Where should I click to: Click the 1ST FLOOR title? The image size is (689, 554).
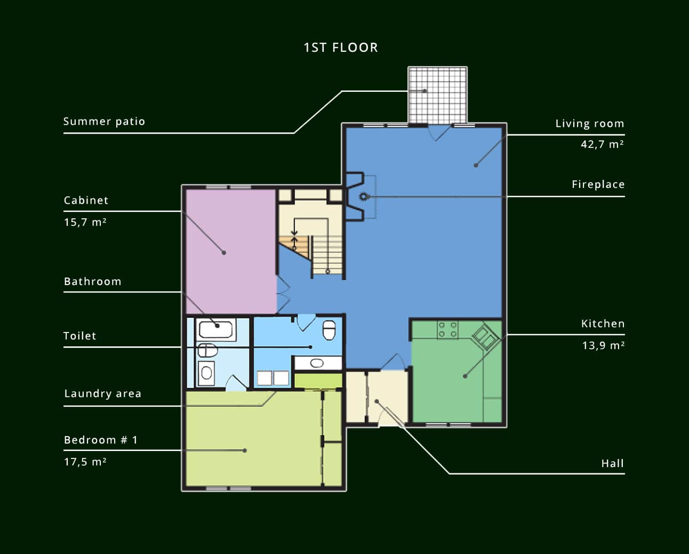pos(341,48)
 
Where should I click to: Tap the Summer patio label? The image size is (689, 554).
pos(104,122)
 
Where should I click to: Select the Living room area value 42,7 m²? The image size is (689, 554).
pos(602,144)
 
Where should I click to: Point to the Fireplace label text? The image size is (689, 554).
pos(598,184)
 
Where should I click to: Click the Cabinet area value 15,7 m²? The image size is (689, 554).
pos(85,222)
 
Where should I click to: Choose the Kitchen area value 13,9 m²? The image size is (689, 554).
pos(603,345)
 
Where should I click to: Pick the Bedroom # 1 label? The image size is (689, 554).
pos(101,440)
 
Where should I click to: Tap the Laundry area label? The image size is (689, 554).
pos(103,393)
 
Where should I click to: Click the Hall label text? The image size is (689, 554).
pos(613,463)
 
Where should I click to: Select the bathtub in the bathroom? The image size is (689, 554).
pos(216,329)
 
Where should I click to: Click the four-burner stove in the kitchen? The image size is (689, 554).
pos(447,330)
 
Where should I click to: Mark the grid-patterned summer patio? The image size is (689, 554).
pos(438,95)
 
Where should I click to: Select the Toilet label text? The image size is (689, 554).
pos(79,336)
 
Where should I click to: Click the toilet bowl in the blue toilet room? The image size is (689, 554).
pos(329,330)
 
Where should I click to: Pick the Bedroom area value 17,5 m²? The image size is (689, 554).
pos(85,462)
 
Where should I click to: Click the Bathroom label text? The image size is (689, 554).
pos(93,281)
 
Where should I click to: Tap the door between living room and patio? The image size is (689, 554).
pos(439,132)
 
